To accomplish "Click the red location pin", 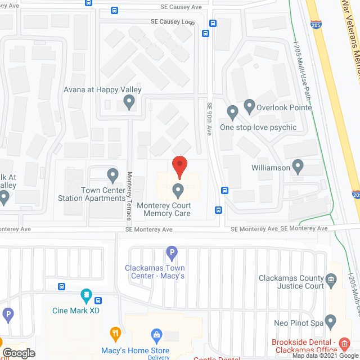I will (179, 166).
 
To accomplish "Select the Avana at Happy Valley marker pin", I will (129, 102).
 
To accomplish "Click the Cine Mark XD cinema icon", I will (86, 294).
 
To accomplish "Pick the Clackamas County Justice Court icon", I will (331, 278).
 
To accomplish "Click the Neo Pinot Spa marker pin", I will (330, 322).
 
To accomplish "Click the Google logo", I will (19, 353).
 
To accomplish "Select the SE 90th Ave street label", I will (209, 118).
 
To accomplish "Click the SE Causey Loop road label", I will (172, 21).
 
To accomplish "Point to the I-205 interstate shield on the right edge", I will (356, 194).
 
